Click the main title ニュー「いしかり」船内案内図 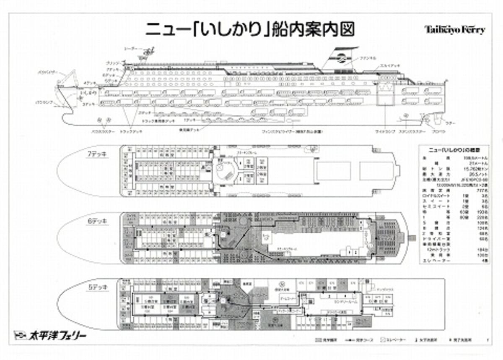pyautogui.click(x=250, y=30)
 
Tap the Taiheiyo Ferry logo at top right pyautogui.click(x=455, y=30)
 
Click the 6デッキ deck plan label pyautogui.click(x=96, y=221)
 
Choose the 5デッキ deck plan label pyautogui.click(x=96, y=287)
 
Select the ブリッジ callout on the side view pyautogui.click(x=112, y=63)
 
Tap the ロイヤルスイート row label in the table pyautogui.click(x=438, y=196)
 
